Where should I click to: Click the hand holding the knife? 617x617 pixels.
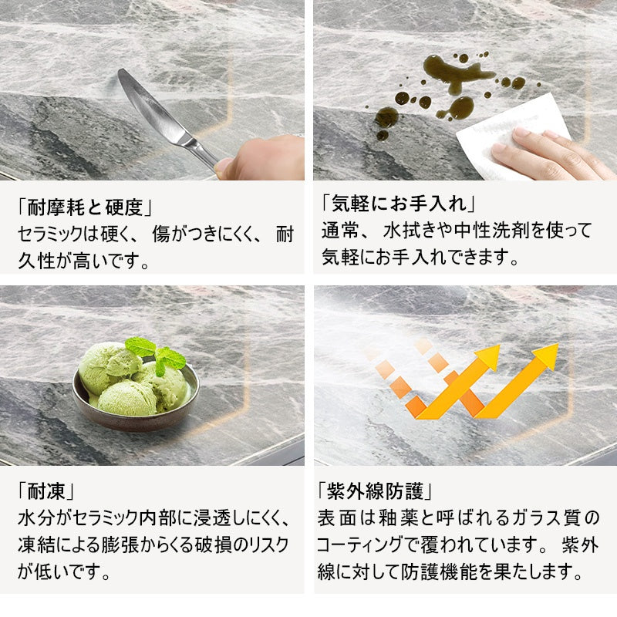[261, 158]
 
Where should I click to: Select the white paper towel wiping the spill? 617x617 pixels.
[511, 133]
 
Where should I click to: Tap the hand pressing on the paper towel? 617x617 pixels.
[551, 153]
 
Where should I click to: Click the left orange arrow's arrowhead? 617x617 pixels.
[488, 357]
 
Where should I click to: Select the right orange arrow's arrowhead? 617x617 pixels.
[547, 356]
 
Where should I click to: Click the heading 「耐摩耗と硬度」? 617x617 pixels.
[85, 207]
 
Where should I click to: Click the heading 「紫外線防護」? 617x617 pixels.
[375, 491]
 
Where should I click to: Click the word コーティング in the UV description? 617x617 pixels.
[359, 545]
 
